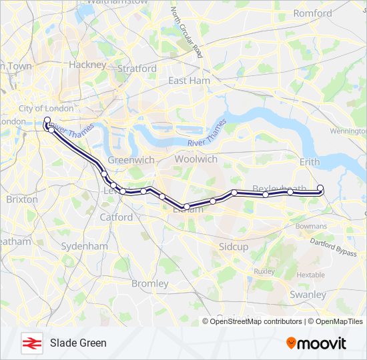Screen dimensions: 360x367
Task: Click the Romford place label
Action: tap(312, 13)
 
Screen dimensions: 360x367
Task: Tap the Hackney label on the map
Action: tap(87, 65)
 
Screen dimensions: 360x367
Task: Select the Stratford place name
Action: tap(137, 68)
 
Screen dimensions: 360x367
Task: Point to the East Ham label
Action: tap(189, 80)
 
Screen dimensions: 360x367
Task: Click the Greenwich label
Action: tap(131, 160)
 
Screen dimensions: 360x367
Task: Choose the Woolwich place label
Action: tap(196, 159)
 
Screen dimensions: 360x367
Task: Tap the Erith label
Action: tap(310, 161)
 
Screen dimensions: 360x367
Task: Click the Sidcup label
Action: tap(234, 247)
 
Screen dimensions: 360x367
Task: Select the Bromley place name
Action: tap(150, 283)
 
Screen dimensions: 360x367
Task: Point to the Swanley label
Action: tap(308, 294)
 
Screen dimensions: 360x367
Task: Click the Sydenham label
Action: tap(84, 246)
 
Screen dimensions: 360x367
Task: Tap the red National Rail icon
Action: tap(31, 343)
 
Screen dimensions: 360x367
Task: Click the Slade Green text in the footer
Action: tap(78, 343)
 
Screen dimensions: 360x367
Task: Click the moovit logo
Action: tap(316, 343)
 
